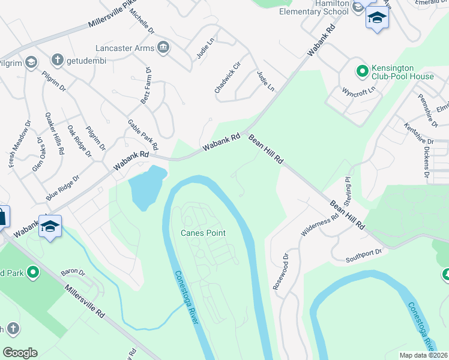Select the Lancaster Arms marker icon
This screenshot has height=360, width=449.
pos(163,47)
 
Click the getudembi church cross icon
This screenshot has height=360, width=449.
pos(57,59)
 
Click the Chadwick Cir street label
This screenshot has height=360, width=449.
pos(228,77)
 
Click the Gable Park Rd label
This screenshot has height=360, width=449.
pos(143,134)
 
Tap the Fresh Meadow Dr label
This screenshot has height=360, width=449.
pos(19,147)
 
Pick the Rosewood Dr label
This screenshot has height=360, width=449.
pos(281,272)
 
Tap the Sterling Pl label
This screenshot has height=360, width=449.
pos(346,188)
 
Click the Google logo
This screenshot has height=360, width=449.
pos(20,353)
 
